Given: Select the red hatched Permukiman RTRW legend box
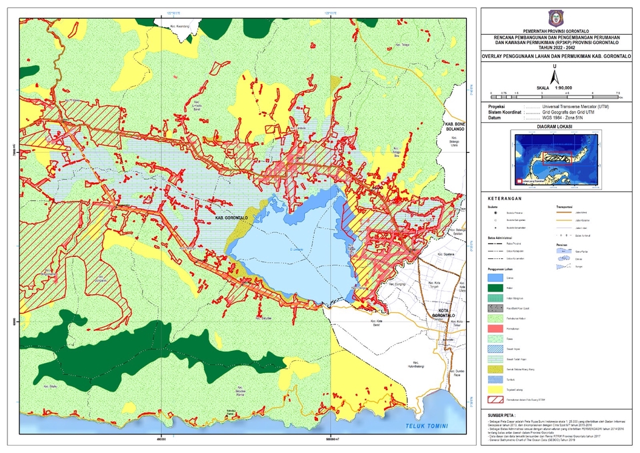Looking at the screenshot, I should [x=494, y=399].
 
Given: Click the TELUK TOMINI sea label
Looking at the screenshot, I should [x=427, y=426].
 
